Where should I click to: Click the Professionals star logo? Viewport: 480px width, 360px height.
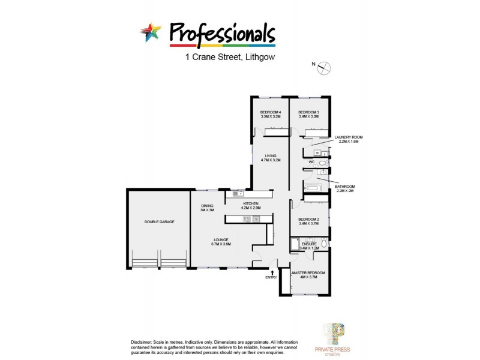point(151,32)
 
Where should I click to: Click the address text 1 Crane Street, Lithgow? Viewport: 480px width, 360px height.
point(230,58)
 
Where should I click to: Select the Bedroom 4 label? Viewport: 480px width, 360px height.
point(271,112)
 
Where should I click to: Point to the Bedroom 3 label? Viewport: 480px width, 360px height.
point(308,112)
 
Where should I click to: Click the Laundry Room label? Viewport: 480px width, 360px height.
point(349,137)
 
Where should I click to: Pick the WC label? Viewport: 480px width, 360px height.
point(311,162)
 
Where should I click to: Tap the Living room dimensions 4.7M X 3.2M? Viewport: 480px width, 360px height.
point(271,160)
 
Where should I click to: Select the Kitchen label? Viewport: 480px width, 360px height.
point(251,204)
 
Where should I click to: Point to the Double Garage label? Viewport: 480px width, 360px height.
point(159,222)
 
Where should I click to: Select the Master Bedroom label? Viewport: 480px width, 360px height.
point(309,273)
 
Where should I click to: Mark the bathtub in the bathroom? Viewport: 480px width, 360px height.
point(313,188)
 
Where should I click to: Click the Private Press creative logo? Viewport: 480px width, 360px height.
point(333,338)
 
